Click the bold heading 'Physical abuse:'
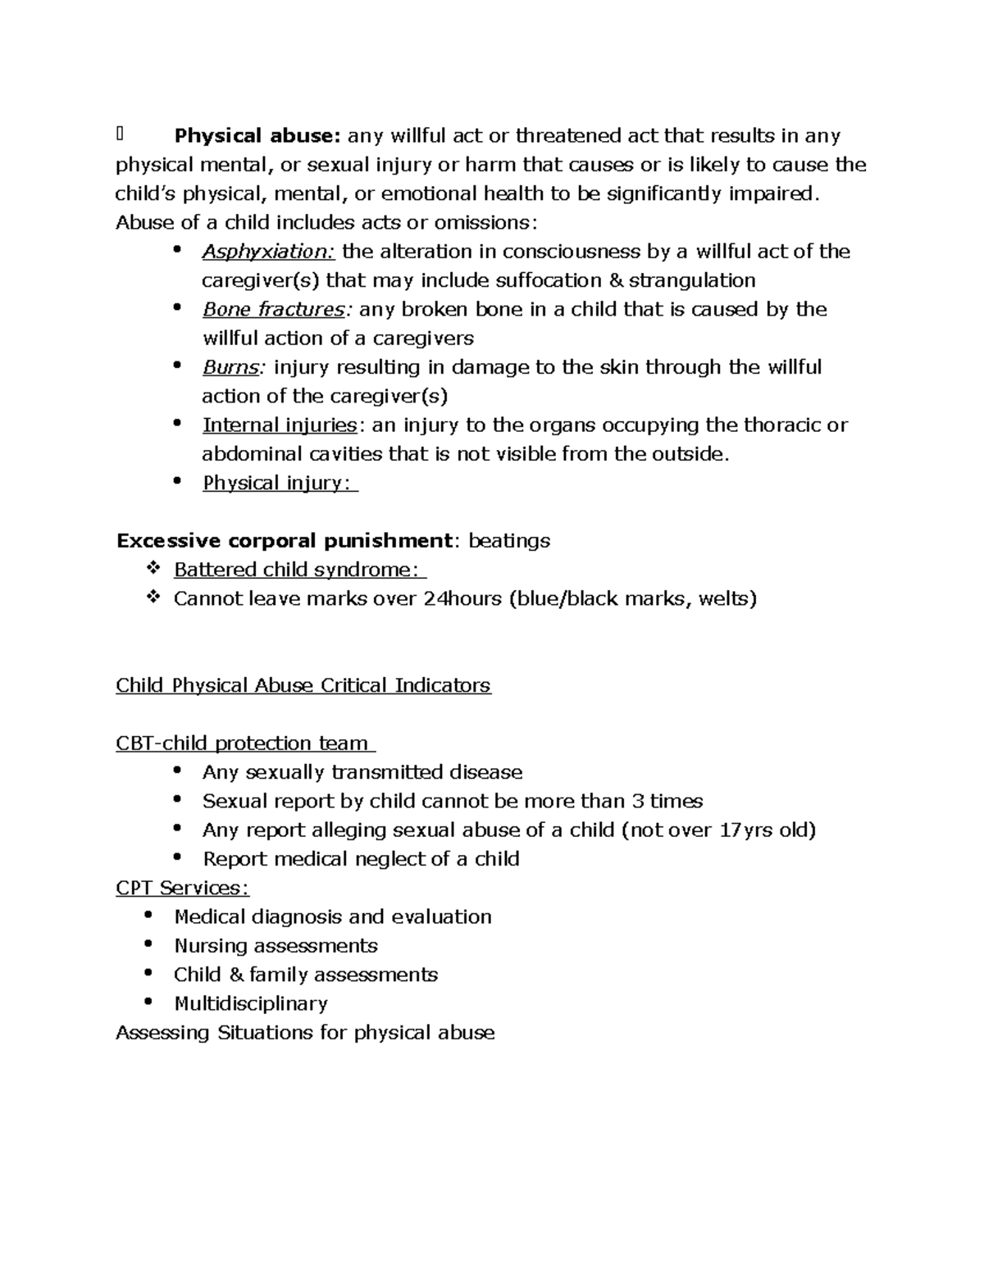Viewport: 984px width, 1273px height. click(x=257, y=135)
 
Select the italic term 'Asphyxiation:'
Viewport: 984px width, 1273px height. click(x=269, y=252)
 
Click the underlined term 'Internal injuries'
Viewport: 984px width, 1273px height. click(x=280, y=425)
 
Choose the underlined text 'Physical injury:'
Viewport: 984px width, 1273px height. click(x=279, y=484)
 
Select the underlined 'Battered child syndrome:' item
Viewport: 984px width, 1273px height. click(x=298, y=570)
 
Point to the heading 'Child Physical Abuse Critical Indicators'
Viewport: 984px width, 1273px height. click(x=303, y=685)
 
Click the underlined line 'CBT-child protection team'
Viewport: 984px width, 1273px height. click(x=244, y=743)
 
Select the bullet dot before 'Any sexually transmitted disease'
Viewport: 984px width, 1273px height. click(x=178, y=771)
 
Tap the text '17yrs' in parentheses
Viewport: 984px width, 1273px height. click(x=746, y=830)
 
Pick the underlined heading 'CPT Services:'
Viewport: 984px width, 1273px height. click(x=183, y=888)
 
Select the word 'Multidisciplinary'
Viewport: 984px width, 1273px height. click(x=251, y=1004)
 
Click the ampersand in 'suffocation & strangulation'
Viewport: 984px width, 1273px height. click(x=616, y=280)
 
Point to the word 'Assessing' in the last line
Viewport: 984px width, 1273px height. click(x=163, y=1033)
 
